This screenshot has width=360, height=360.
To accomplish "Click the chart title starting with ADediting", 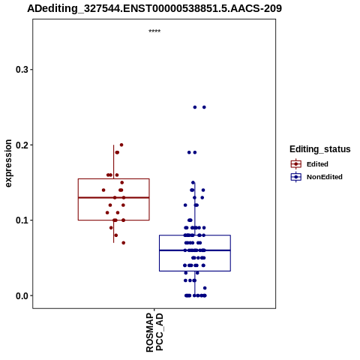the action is (154, 8).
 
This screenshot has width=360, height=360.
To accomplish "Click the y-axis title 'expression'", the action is (8, 163).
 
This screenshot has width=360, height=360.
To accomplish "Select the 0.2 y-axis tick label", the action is (22, 145).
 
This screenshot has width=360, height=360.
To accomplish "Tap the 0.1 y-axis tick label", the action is (22, 220).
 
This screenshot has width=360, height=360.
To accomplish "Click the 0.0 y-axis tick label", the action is (22, 295).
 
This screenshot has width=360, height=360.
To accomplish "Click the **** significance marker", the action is (154, 31).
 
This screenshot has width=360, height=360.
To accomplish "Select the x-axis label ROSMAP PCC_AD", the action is (154, 332).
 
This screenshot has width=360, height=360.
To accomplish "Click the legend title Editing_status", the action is (320, 149).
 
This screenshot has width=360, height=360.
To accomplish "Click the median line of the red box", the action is (114, 197).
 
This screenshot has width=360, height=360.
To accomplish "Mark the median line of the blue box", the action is (195, 250).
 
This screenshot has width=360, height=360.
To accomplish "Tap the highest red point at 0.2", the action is (121, 145).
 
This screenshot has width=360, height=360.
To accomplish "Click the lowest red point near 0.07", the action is (124, 243).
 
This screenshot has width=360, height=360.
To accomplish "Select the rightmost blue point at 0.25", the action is (204, 107).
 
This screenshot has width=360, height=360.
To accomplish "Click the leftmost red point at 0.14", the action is (103, 190).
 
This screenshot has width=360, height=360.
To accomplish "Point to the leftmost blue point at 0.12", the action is (185, 205).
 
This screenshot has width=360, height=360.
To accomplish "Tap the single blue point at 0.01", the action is (205, 288).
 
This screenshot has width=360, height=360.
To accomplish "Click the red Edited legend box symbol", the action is (296, 164).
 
